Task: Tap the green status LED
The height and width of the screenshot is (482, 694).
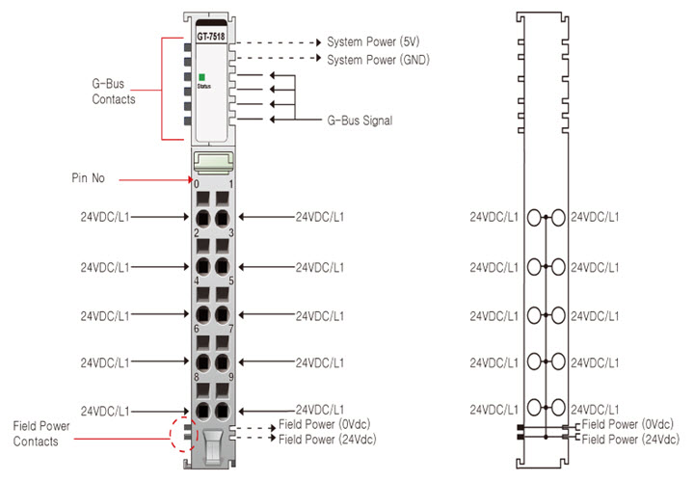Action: pos(201,77)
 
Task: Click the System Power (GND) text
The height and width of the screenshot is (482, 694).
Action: pos(378,60)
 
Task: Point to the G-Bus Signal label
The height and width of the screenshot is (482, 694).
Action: pos(360,120)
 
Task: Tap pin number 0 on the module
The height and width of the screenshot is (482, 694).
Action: pos(196,183)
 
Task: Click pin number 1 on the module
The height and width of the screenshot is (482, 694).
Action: pos(230,183)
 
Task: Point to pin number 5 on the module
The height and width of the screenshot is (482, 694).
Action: pos(230,281)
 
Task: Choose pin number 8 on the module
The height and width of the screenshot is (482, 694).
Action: pos(196,378)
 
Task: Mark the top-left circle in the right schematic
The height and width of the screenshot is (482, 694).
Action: pos(535,217)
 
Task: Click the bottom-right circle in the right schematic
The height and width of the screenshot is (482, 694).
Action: pos(558,408)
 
